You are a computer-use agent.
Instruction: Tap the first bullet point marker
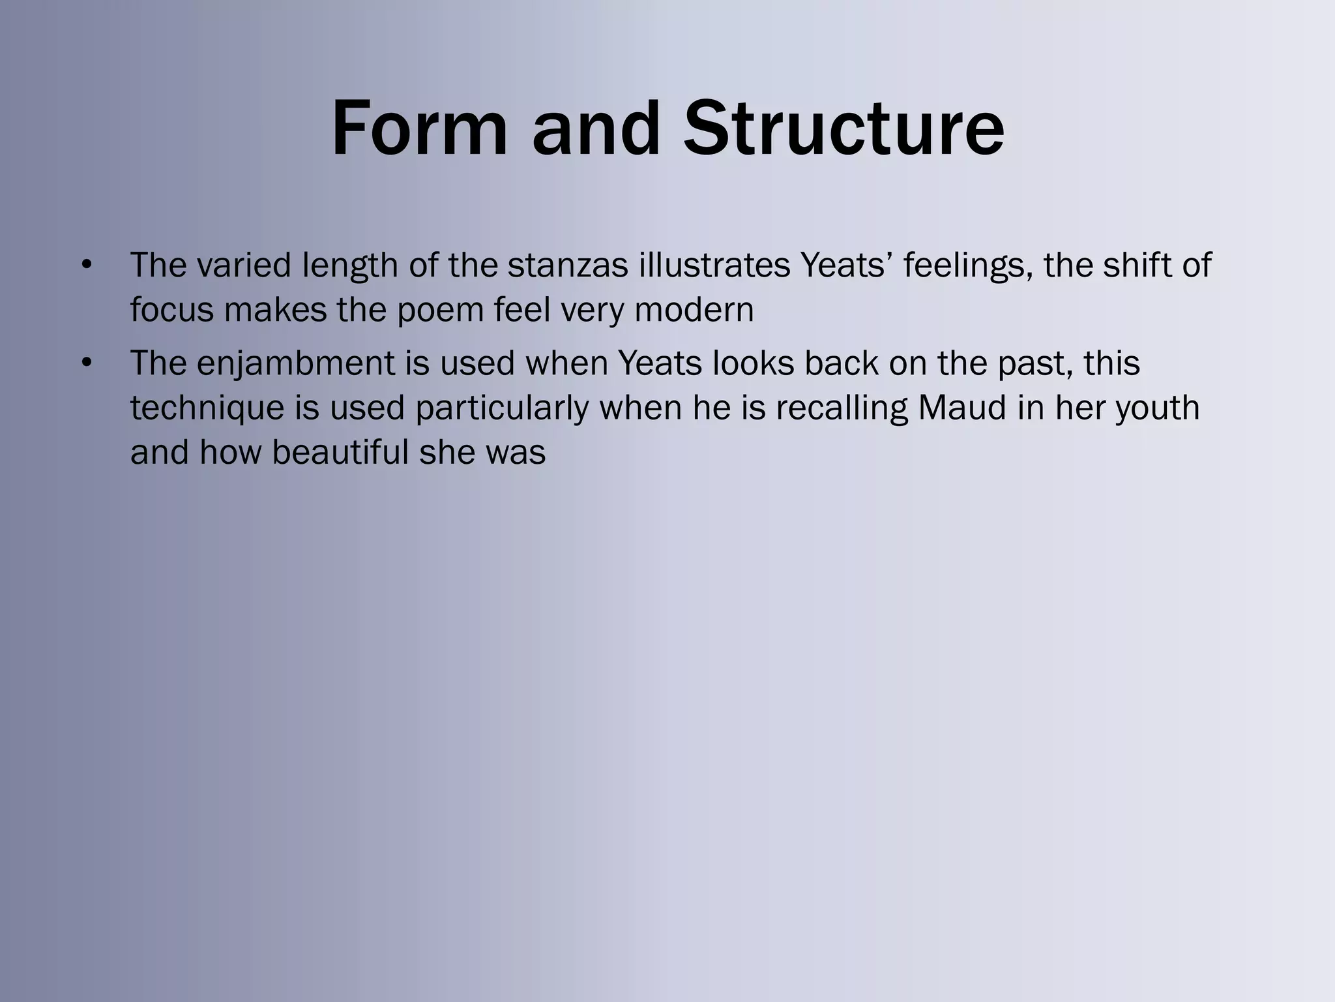[x=87, y=266]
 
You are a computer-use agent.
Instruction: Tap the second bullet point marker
[x=87, y=363]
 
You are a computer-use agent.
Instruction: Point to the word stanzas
[x=568, y=266]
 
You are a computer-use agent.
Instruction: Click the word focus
[x=171, y=310]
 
